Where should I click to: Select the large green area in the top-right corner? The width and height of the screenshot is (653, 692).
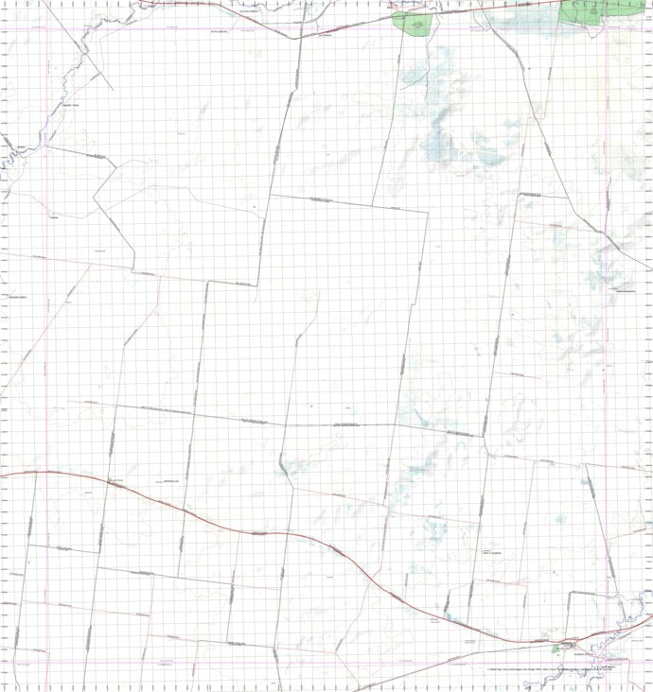[x=585, y=11]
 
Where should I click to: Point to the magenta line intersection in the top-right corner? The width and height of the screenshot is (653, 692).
[x=607, y=27]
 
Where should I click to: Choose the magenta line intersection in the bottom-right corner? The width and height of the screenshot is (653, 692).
[x=607, y=651]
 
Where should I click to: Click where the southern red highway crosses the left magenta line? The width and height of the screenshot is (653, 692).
[x=47, y=471]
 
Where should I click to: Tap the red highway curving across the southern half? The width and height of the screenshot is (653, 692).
[x=256, y=533]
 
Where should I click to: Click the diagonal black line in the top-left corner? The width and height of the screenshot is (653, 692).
[x=90, y=57]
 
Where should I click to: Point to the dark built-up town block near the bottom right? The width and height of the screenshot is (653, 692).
[x=579, y=645]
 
